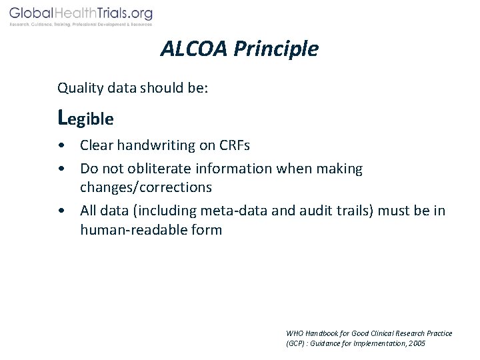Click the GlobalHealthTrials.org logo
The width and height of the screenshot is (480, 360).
pos(81,13)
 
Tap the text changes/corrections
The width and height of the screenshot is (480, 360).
pos(146,187)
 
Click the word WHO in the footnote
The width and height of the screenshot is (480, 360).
pos(294,333)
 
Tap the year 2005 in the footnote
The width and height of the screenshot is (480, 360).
pos(416,343)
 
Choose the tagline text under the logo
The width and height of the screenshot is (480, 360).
pos(81,25)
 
